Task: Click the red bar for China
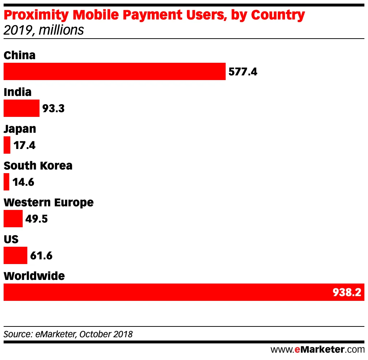114,71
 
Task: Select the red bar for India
21,108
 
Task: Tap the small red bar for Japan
7,145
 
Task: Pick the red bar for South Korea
6,182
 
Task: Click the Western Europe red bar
13,219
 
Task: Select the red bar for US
15,255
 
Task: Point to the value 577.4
243,72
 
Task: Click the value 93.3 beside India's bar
53,109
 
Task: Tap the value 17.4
25,145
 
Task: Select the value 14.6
23,182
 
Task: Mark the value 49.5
36,219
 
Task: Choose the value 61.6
41,256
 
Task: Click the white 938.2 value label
347,293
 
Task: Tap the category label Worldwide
34,276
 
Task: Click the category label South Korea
38,166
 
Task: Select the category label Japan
20,129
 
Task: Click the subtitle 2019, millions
44,30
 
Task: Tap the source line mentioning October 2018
68,334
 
